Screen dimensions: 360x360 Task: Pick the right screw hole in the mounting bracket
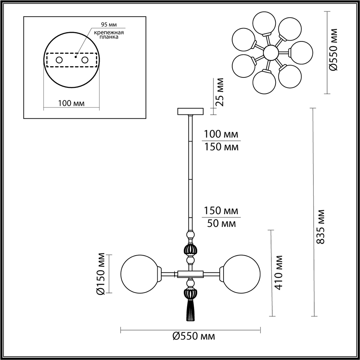(x=85, y=60)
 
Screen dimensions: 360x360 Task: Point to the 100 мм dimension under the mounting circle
(x=71, y=103)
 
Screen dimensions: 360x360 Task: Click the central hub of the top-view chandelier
(x=270, y=53)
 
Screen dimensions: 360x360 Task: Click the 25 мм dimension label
(x=219, y=92)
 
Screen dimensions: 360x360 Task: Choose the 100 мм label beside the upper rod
(x=221, y=134)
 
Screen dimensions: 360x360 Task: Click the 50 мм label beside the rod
(x=221, y=224)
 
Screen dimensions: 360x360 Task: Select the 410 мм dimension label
(x=279, y=273)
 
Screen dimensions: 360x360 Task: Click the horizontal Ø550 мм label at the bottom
(x=193, y=337)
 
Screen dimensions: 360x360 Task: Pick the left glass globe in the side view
(x=138, y=274)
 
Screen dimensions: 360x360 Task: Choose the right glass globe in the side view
(x=243, y=274)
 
